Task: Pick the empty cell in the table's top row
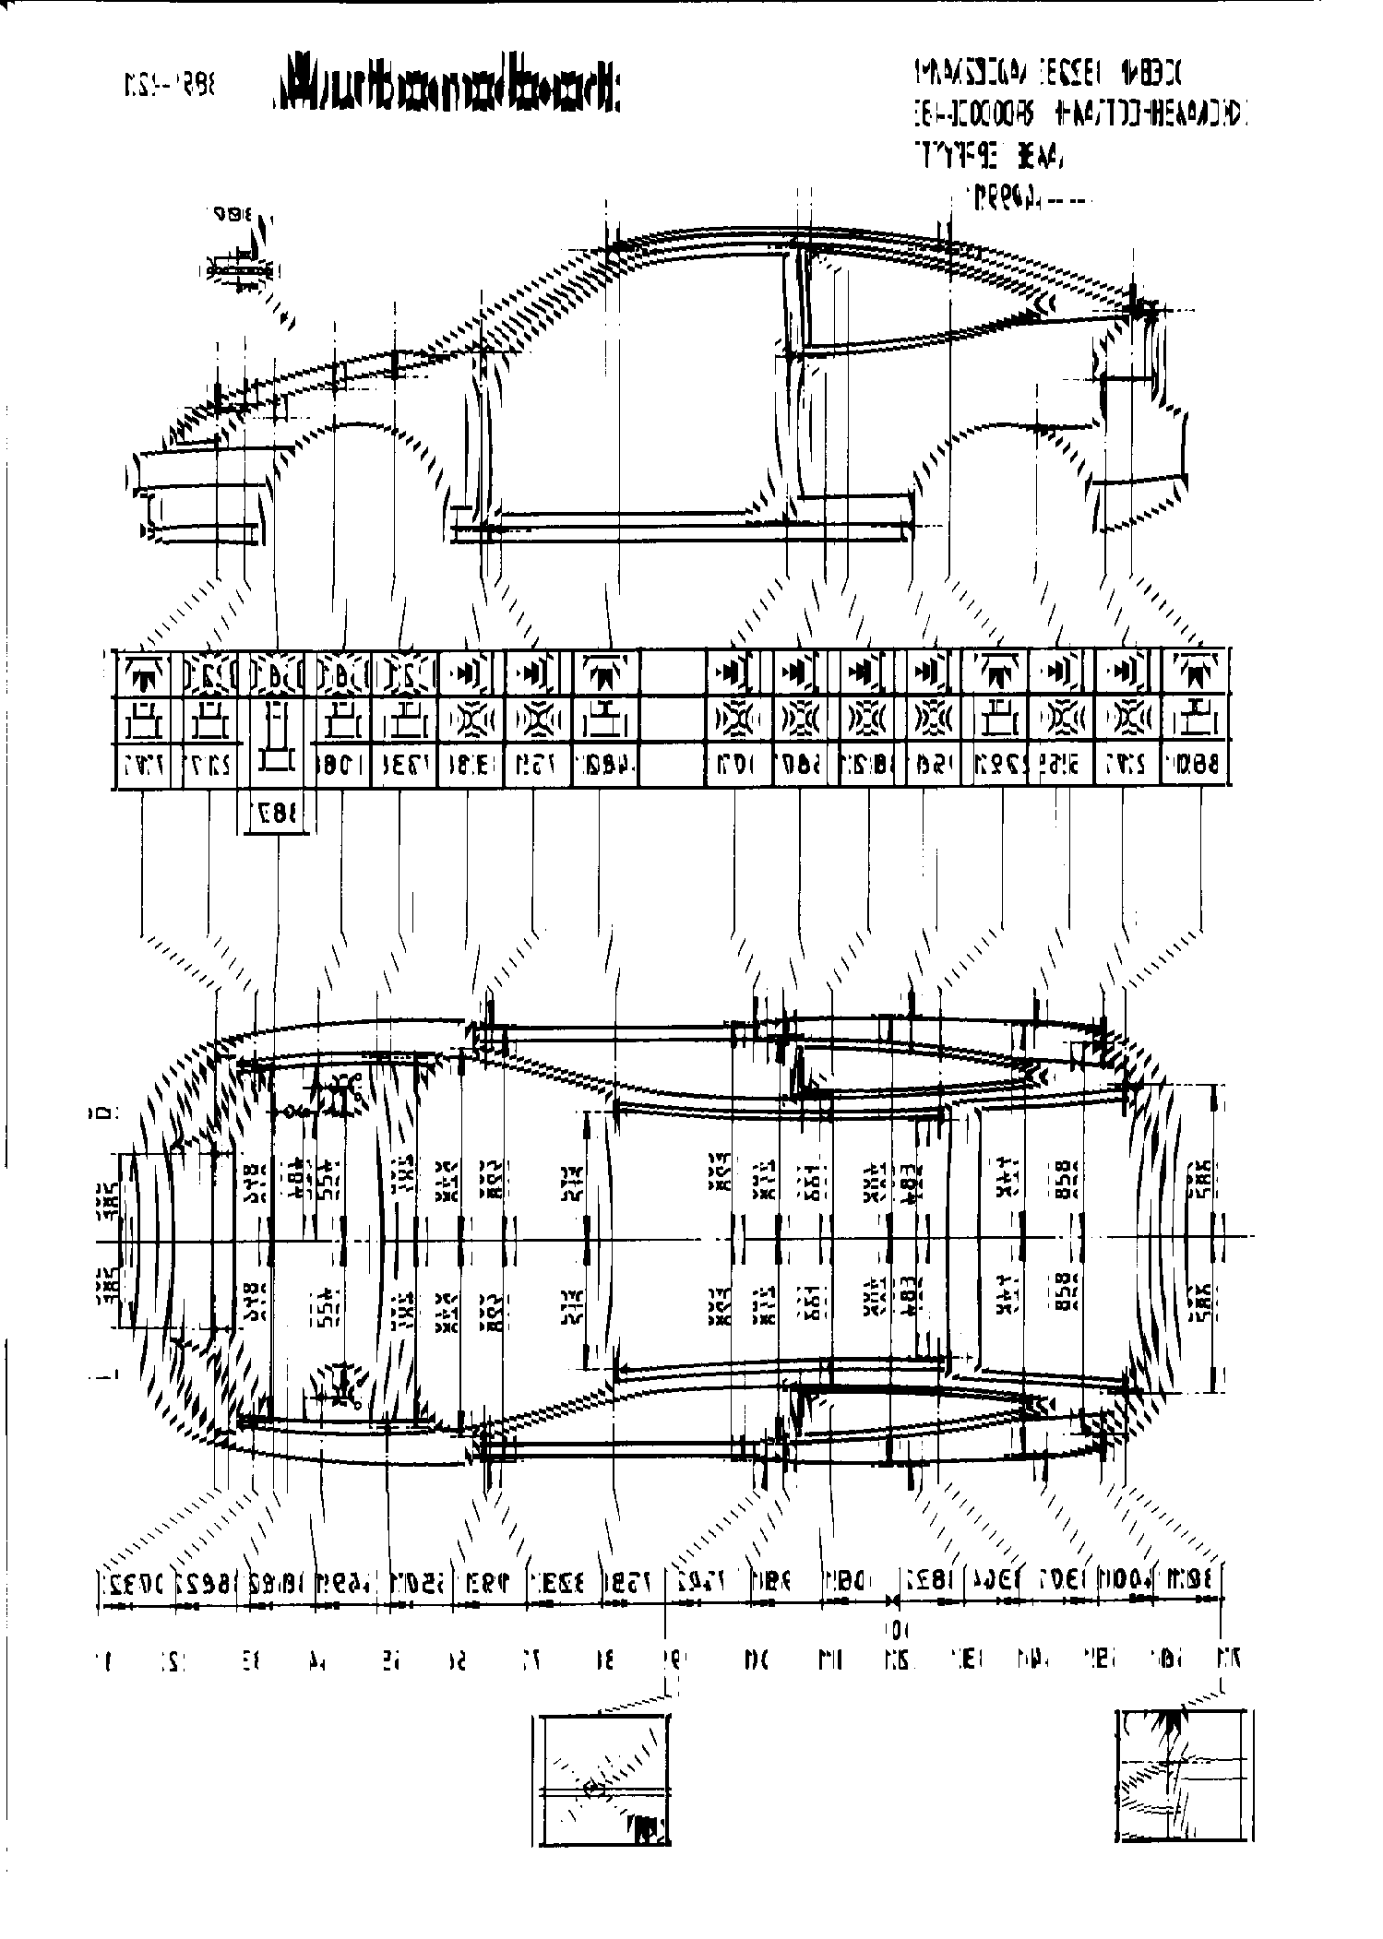click(672, 672)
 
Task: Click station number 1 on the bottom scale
click(103, 1660)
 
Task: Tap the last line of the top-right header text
click(1024, 197)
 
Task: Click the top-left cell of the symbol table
click(148, 672)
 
